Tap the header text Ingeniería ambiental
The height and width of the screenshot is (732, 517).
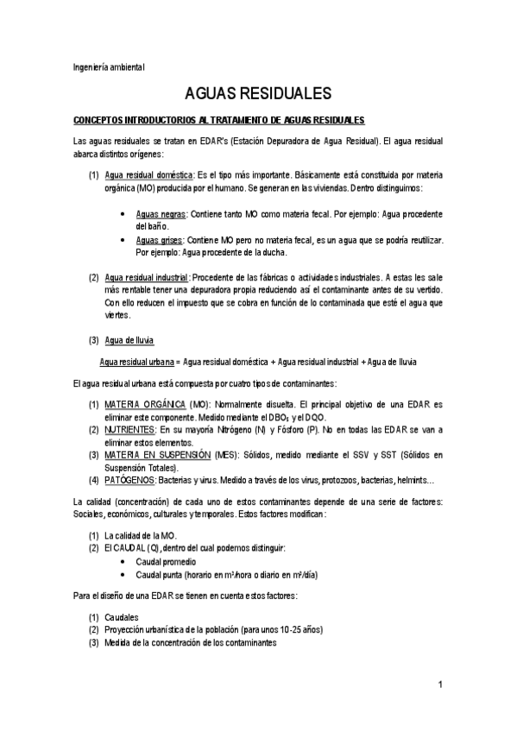tap(108, 66)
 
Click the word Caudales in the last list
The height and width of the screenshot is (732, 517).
tap(123, 618)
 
